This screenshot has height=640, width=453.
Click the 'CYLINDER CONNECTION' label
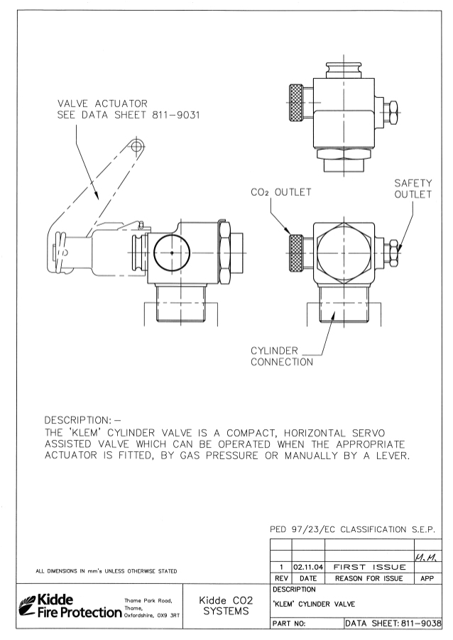coord(282,356)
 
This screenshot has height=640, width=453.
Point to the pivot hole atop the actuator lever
coord(136,146)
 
